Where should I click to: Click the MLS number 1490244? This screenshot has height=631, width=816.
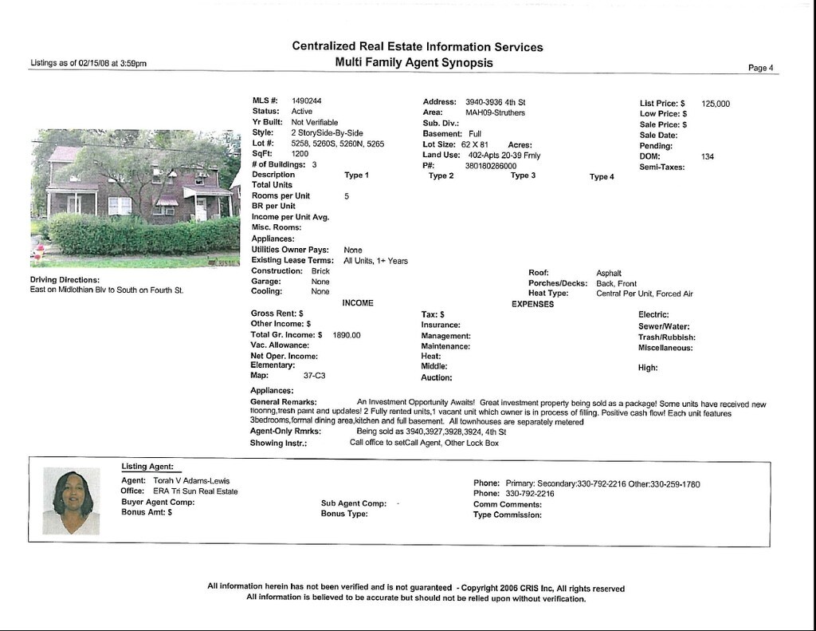(x=306, y=101)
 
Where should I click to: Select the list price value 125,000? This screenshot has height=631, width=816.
(x=715, y=104)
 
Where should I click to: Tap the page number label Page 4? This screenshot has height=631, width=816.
(x=760, y=68)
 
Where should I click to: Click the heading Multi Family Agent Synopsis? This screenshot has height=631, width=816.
(x=414, y=62)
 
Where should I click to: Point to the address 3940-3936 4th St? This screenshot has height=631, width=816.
(x=495, y=102)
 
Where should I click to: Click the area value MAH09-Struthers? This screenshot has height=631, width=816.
(x=495, y=112)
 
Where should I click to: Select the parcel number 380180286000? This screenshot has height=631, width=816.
(x=491, y=166)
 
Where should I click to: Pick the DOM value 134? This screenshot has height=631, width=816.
(x=708, y=156)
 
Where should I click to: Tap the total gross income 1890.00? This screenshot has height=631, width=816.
(x=347, y=336)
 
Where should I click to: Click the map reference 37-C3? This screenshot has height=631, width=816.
(x=314, y=375)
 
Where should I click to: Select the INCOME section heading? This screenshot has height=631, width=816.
(x=358, y=303)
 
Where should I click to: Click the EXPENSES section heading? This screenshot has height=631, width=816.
(x=532, y=304)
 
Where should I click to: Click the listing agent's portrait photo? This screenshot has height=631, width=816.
(x=72, y=501)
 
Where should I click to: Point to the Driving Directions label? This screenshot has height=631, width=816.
(x=65, y=280)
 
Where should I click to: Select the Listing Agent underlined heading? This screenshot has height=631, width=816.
(x=147, y=467)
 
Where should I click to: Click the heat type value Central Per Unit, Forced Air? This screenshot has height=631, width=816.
(x=644, y=294)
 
